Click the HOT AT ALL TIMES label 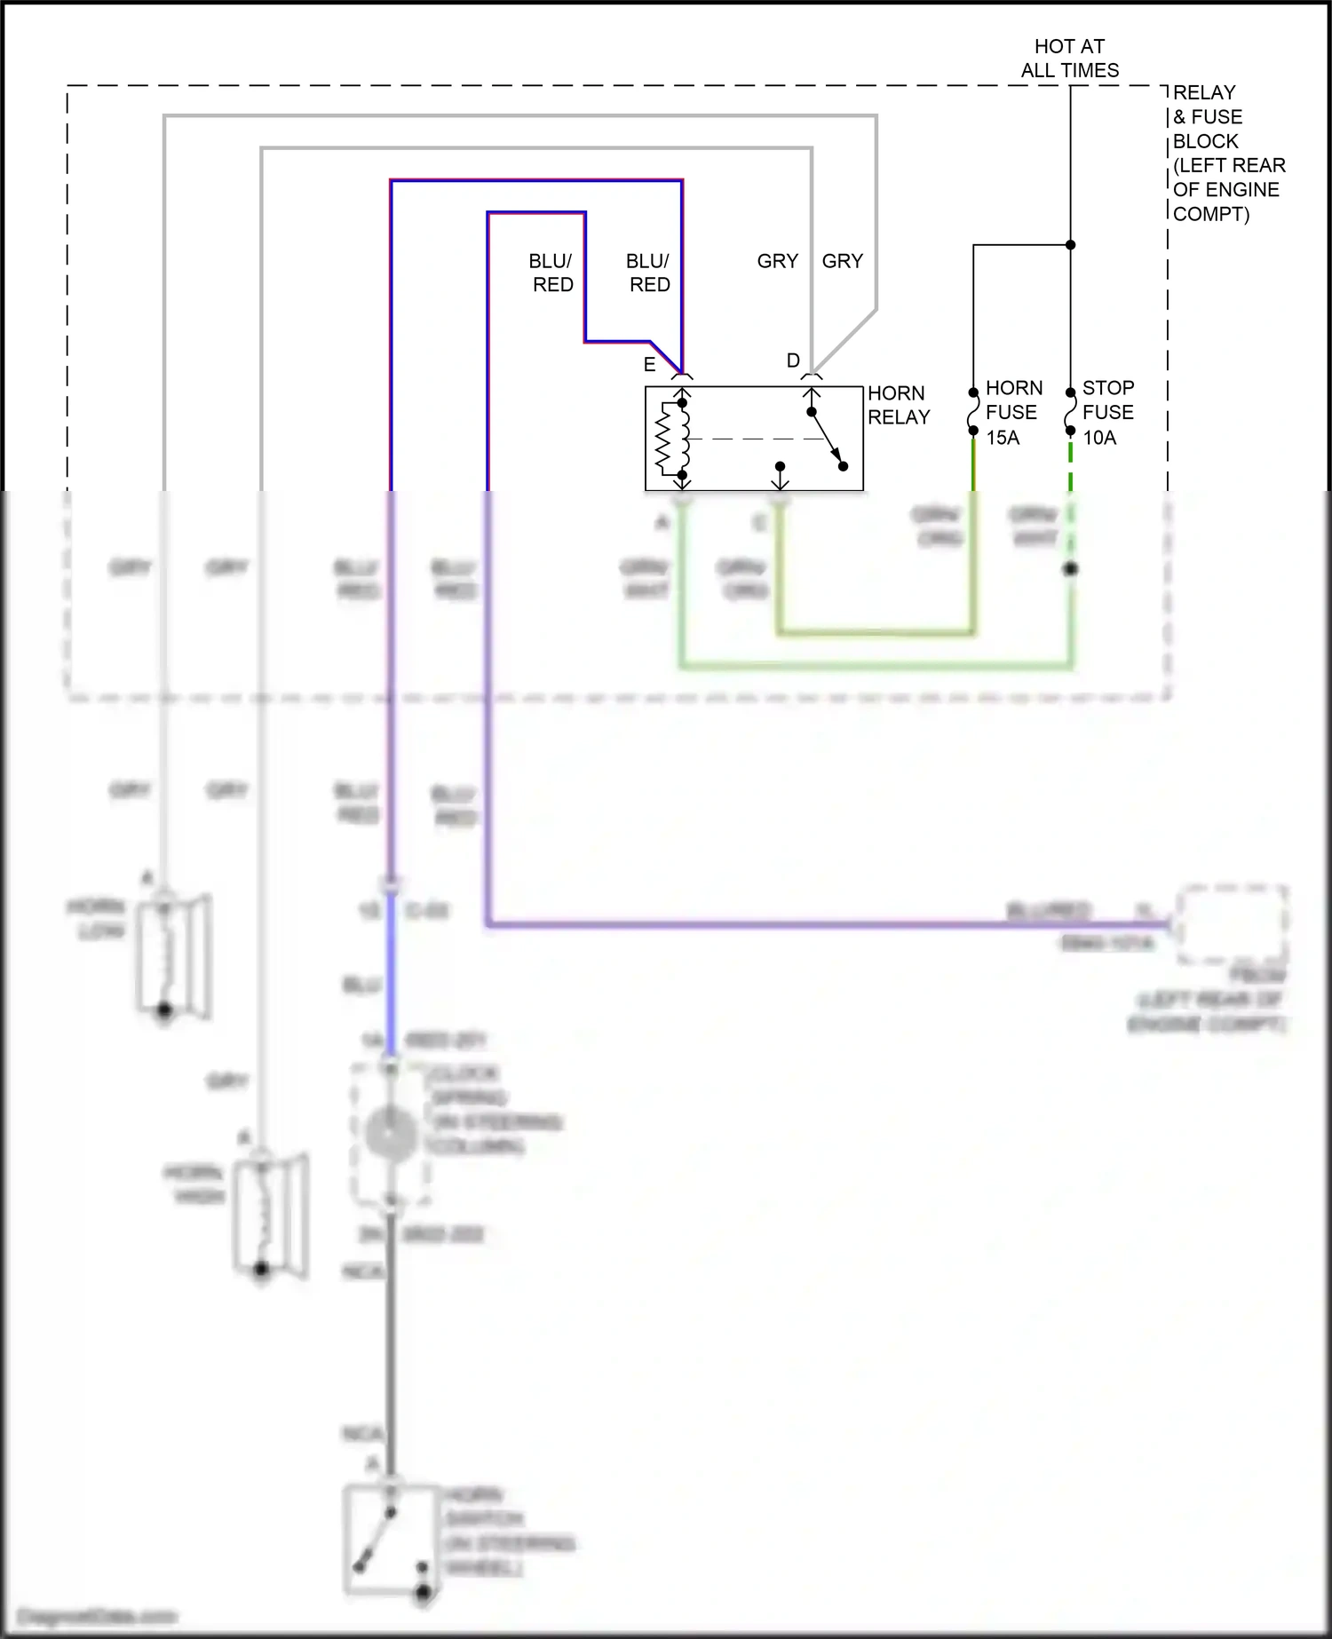point(1069,58)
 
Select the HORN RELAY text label point(898,405)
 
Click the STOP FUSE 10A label point(1107,412)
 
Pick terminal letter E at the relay point(649,364)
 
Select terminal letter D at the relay point(793,360)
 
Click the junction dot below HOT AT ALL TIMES point(1070,245)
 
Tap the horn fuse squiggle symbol point(973,411)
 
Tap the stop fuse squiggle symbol point(1070,411)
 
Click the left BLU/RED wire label point(551,273)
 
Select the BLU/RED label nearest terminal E point(648,273)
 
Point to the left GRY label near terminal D point(777,261)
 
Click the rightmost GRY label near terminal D point(842,261)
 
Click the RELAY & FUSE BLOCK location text point(1227,153)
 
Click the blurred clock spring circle point(390,1135)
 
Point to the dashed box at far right point(1233,923)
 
